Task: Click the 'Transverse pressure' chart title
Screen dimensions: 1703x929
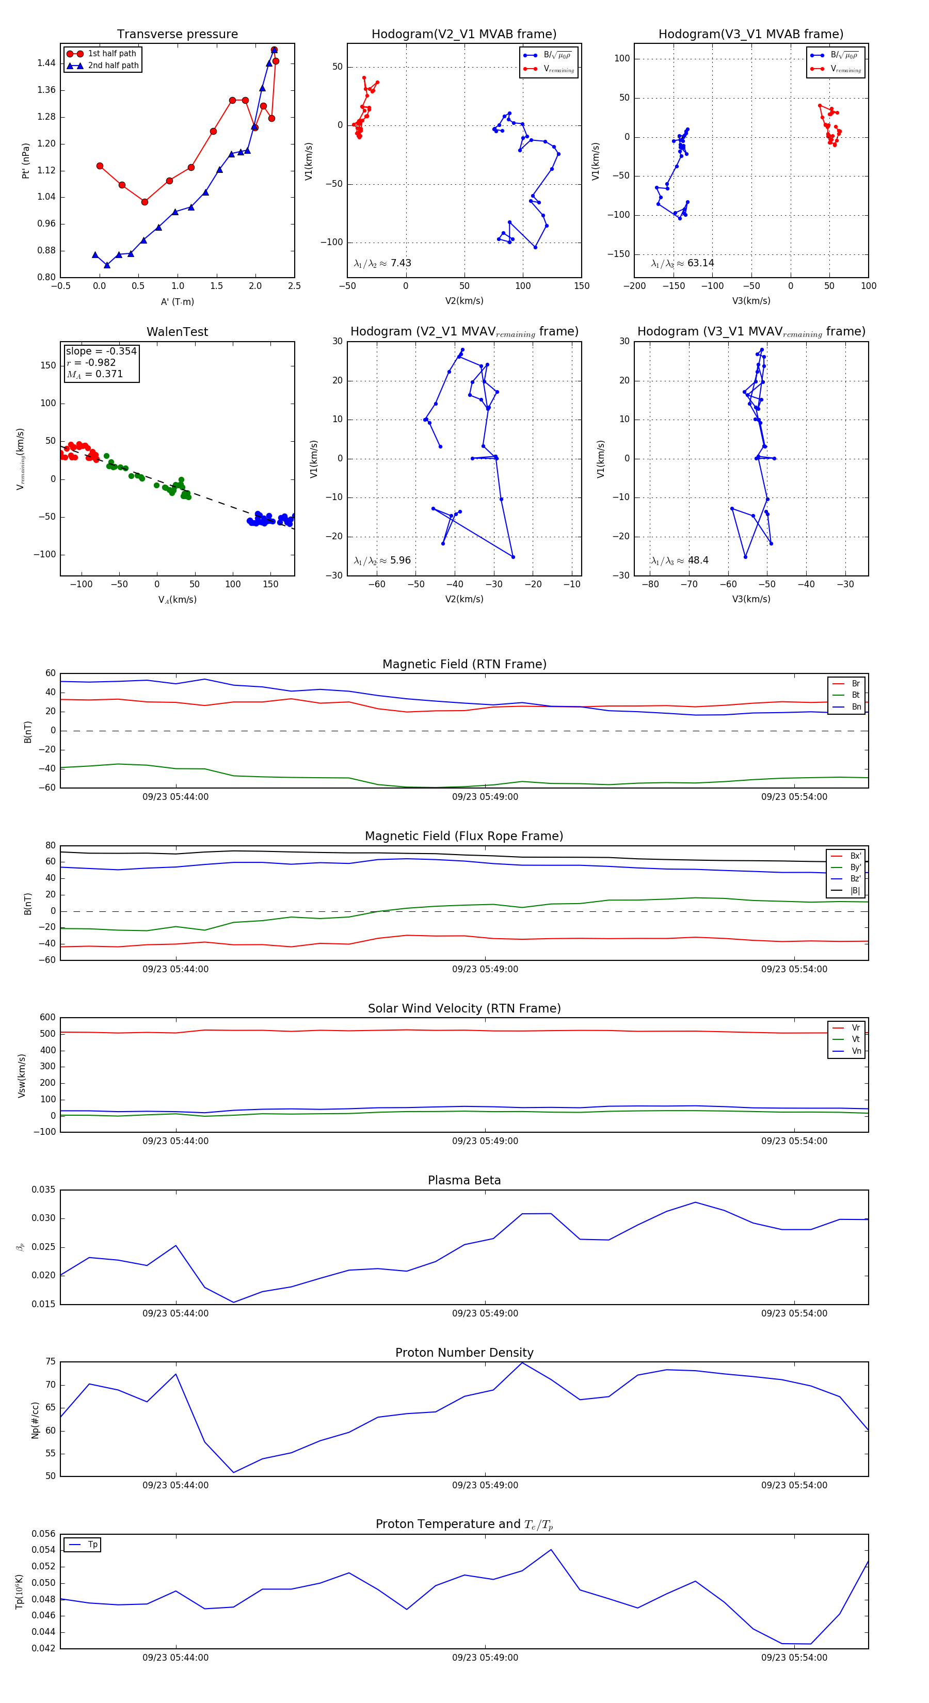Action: tap(177, 35)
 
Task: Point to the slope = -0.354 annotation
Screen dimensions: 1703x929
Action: tap(101, 351)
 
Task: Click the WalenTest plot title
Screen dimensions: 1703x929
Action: tap(177, 332)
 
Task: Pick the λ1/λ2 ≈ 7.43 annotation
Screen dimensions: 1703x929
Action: tap(382, 263)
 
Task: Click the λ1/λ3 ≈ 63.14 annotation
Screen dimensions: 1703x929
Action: tap(682, 263)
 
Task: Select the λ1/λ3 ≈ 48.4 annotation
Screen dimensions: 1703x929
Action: tap(680, 560)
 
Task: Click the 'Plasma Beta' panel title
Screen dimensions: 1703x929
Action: tap(464, 1181)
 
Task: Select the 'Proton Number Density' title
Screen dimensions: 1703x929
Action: tap(464, 1353)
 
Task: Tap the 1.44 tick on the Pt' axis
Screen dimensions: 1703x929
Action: tap(46, 63)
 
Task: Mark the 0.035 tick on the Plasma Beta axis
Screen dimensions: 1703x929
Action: tap(44, 1190)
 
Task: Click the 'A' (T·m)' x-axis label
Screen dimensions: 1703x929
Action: tap(177, 302)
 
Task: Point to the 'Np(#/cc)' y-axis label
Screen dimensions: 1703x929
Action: tap(35, 1420)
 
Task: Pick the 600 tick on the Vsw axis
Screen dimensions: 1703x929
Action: tap(47, 1018)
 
